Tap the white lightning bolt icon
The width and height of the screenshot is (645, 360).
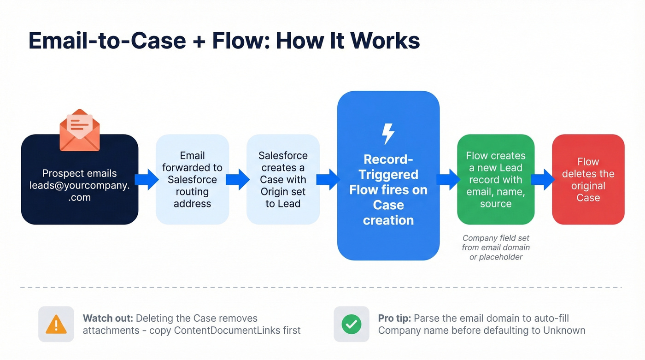pos(388,134)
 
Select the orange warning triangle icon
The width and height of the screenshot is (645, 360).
pos(56,325)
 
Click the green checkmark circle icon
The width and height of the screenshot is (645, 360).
pos(351,325)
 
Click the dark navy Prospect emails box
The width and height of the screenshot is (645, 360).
pos(80,184)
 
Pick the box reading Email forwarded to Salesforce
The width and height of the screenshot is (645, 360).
pos(192,180)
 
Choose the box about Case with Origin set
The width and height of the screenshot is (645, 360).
pos(283,180)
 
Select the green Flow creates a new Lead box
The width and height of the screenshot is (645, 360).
pos(495,180)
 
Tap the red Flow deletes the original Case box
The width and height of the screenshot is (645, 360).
pos(588,180)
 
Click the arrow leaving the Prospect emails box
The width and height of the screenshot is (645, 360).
pos(147,179)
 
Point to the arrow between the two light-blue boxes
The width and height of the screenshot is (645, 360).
pos(238,179)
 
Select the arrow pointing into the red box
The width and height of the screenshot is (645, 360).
pos(543,179)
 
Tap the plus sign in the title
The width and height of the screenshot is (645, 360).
pos(199,41)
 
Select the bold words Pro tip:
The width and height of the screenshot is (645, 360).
pos(395,319)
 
